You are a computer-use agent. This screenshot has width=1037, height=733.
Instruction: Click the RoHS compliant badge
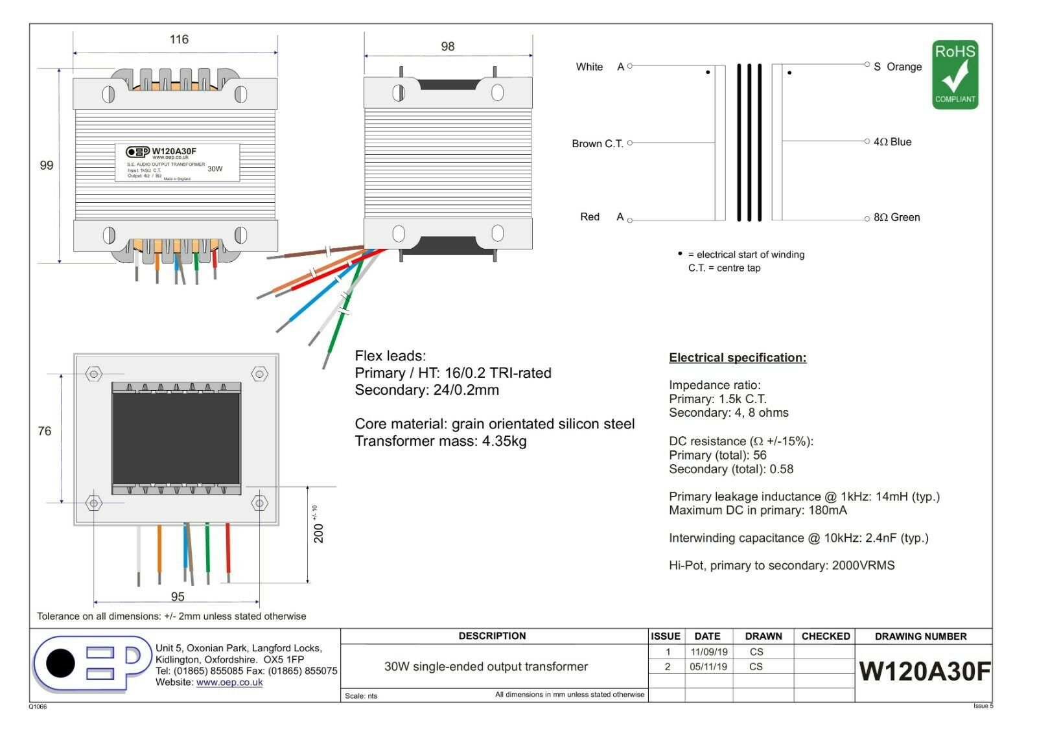(955, 75)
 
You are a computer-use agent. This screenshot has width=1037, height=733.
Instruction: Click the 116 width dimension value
(179, 40)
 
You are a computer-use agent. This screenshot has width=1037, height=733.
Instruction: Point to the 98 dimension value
(447, 47)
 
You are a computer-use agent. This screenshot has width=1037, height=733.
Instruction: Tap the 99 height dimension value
(47, 165)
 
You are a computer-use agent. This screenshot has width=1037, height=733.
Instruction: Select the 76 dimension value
(45, 431)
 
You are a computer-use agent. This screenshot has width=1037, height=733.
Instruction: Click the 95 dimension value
(178, 596)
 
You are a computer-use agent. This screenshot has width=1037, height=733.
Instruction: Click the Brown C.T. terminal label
(597, 143)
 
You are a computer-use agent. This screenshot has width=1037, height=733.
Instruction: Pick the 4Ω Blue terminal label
(892, 142)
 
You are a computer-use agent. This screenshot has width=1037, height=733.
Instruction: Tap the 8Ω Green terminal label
(896, 217)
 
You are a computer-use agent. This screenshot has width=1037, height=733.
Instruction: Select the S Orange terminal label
(898, 67)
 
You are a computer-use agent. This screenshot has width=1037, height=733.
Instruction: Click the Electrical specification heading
(738, 358)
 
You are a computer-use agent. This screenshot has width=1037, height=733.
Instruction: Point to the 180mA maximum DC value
(828, 510)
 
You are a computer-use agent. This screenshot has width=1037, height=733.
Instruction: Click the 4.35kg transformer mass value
(504, 441)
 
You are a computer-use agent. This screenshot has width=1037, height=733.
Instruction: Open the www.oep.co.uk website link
(229, 682)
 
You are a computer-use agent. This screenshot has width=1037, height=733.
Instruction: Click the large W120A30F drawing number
(924, 671)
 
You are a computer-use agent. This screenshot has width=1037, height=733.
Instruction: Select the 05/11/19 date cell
(708, 666)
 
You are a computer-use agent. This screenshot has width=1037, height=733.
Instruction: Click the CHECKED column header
(826, 636)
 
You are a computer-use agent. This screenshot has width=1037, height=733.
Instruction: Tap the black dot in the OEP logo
(60, 663)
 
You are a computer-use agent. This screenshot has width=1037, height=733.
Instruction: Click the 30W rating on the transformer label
(215, 169)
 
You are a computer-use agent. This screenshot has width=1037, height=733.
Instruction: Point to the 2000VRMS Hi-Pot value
(863, 566)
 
